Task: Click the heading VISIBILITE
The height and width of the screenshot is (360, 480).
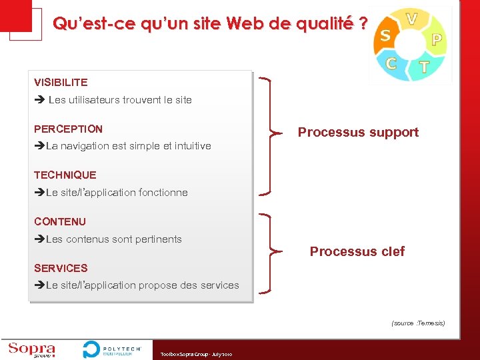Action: [x=61, y=83]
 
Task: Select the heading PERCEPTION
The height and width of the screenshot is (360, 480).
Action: [x=68, y=129]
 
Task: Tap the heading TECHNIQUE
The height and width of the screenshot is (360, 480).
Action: [x=65, y=175]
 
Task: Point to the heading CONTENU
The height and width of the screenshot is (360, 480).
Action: [x=59, y=221]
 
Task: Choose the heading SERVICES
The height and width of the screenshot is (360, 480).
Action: [x=61, y=268]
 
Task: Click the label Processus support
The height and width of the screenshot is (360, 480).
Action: [x=358, y=132]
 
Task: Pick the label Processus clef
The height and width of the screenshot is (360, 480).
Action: [x=357, y=251]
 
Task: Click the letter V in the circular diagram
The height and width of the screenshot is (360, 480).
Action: [x=412, y=19]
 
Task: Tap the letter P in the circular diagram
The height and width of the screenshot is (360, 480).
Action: [x=437, y=39]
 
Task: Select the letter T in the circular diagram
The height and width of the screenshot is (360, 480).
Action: [x=423, y=67]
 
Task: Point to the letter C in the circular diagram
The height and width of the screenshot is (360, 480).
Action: [x=392, y=63]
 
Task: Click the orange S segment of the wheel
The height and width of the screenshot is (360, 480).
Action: [x=385, y=35]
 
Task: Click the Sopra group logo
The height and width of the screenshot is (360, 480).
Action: [x=31, y=349]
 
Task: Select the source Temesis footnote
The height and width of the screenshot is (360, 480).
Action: [x=417, y=323]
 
